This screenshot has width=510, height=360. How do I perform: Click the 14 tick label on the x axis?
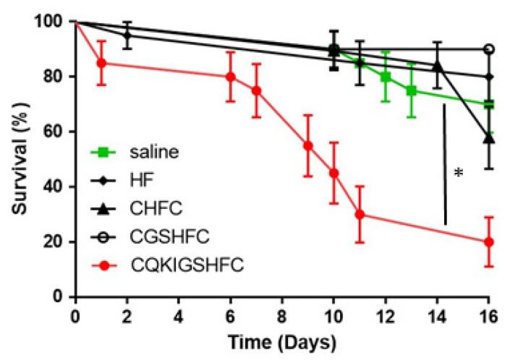(437, 316)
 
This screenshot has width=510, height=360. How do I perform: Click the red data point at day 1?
(102, 63)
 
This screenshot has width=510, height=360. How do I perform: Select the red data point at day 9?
(308, 145)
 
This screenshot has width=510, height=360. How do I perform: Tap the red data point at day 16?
(489, 241)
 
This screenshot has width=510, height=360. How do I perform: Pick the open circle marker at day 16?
(489, 49)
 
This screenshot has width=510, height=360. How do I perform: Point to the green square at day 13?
(411, 90)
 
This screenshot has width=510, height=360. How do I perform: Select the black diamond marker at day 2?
(127, 35)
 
